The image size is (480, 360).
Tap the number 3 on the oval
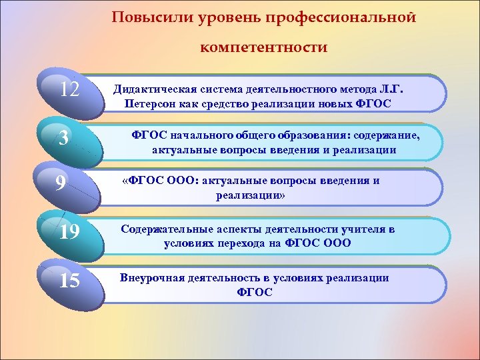(x=63, y=138)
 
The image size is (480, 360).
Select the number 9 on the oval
(x=61, y=183)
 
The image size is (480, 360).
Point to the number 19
(x=69, y=231)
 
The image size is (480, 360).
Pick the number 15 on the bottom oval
(x=69, y=281)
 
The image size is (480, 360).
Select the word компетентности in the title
(x=263, y=47)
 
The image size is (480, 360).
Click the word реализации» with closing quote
(x=250, y=195)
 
